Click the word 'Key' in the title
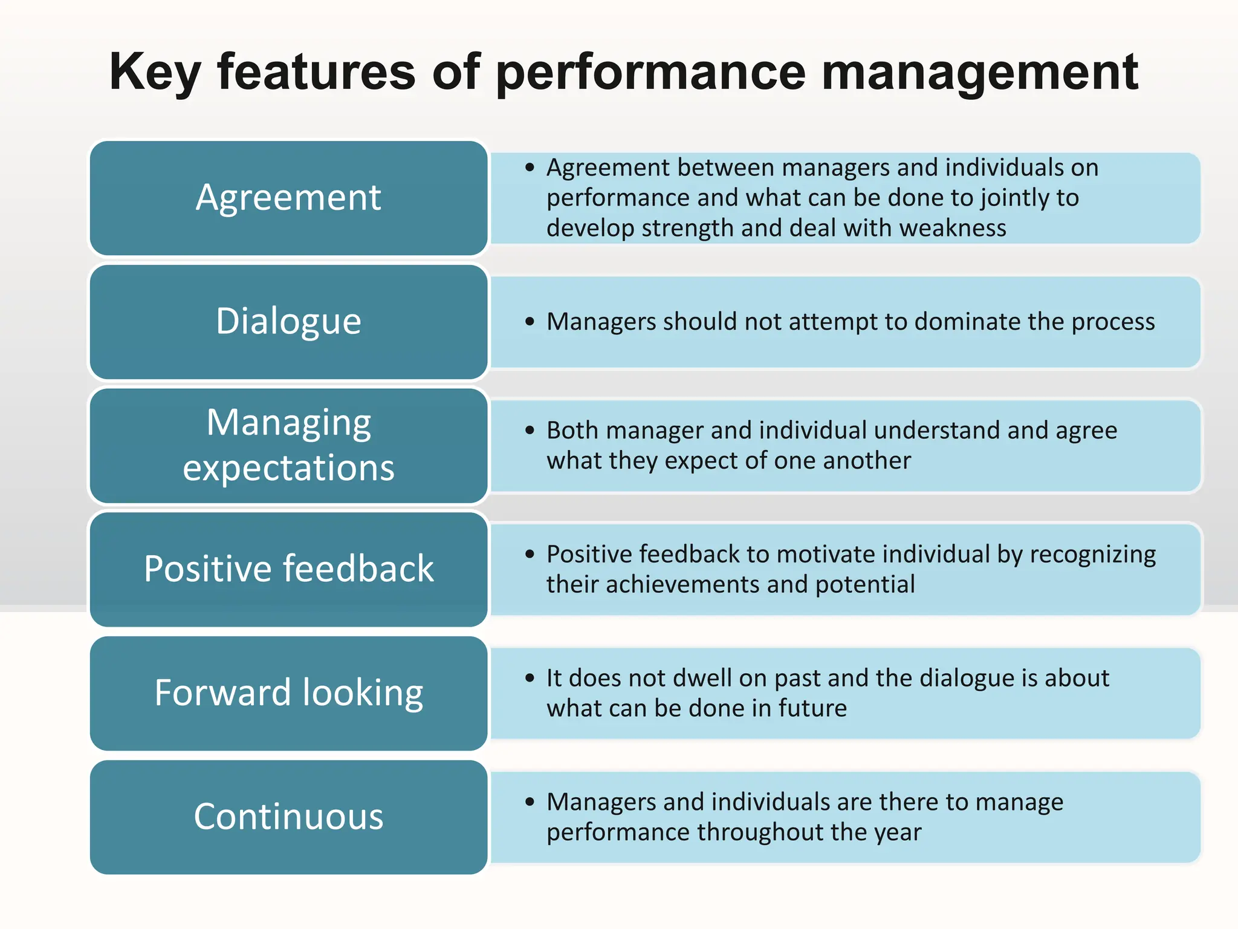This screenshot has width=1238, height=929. pos(154,73)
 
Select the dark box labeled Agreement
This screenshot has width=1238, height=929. pos(288,198)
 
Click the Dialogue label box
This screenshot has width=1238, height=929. pos(288,322)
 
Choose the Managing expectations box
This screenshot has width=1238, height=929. pos(288,445)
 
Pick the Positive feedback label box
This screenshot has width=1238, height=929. pos(288,569)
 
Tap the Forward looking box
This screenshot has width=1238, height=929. pos(288,693)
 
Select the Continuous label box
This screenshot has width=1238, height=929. pos(288,817)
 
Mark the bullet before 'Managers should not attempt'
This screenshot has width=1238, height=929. pos(530,322)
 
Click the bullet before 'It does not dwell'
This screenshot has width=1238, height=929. pos(530,678)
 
